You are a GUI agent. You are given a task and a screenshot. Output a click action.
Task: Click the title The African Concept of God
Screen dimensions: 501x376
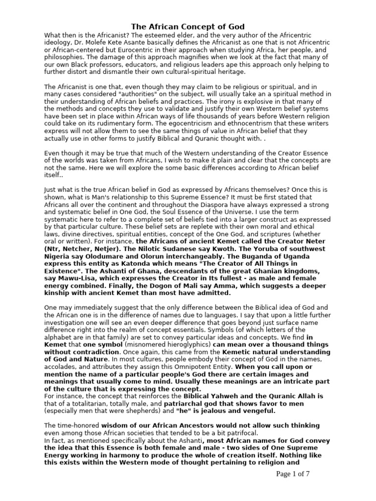188,26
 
